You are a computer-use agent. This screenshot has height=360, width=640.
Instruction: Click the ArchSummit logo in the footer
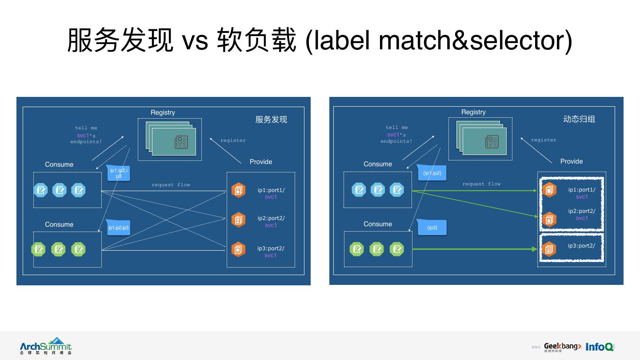[46, 346]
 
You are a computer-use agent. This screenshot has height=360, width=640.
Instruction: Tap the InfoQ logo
[600, 347]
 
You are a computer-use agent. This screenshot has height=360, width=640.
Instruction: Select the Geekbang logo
[563, 347]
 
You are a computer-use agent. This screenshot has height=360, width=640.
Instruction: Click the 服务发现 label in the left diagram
[271, 120]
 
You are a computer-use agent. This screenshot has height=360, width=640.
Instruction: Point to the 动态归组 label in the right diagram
[579, 119]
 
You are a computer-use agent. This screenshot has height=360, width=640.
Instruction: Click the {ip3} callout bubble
[432, 228]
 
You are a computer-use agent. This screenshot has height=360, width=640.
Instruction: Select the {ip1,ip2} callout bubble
[432, 173]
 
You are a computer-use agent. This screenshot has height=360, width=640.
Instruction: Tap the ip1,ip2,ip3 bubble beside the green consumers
[119, 228]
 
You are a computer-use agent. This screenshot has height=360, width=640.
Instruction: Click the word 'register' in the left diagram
[233, 140]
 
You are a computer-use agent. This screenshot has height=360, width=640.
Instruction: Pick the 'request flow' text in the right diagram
[481, 184]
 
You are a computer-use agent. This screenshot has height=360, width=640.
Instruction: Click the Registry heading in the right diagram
[473, 112]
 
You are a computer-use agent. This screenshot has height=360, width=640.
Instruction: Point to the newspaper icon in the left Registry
[181, 142]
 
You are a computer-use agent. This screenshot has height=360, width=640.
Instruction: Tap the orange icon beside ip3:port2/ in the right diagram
[549, 249]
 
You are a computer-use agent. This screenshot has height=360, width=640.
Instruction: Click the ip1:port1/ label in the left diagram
[271, 190]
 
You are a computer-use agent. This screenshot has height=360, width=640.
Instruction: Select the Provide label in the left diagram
[261, 162]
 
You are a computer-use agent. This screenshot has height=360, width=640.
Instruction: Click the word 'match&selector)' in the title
[476, 41]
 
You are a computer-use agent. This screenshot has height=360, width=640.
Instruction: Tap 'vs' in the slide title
[195, 41]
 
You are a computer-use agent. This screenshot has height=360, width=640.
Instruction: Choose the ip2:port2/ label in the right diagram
[582, 211]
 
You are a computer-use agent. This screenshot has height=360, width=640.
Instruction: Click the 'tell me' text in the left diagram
[86, 128]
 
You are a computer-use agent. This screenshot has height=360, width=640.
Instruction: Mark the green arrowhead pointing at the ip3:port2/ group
[535, 249]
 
